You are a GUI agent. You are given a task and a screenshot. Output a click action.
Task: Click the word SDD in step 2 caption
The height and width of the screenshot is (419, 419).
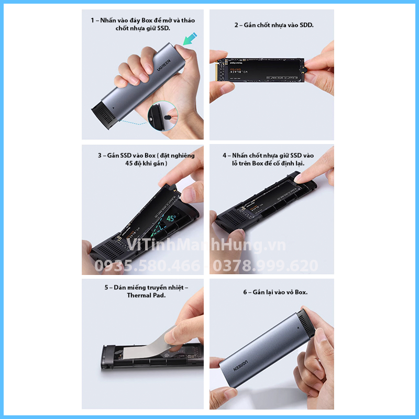tap(306, 25)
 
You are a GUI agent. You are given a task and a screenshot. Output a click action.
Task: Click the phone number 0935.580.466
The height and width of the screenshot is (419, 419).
tap(147, 266)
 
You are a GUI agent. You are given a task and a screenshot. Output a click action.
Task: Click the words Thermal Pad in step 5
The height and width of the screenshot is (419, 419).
tap(146, 295)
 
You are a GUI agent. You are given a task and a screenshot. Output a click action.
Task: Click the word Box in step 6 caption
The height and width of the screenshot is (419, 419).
tap(300, 292)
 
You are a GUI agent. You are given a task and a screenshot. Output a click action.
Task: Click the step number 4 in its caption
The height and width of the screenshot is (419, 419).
tap(224, 156)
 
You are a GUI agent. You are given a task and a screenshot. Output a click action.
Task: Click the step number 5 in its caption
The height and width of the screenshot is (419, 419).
tap(106, 287)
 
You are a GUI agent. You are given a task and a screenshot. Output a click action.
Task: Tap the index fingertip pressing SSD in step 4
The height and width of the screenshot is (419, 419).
tap(299, 178)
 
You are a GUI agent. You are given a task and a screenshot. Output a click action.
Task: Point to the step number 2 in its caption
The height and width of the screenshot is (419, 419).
tap(237, 25)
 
